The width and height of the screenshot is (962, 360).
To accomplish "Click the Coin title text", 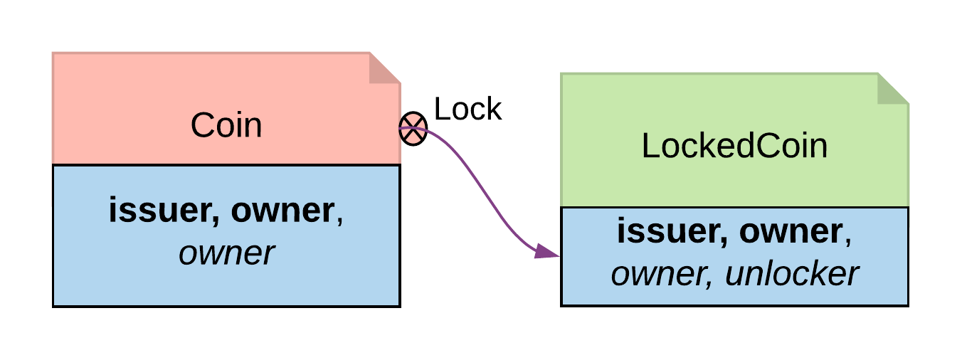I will pos(226,126).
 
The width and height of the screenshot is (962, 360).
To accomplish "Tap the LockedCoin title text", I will pos(734,147).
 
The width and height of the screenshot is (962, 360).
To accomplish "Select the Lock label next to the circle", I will pos(467,110).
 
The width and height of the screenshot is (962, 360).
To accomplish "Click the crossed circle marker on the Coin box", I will pos(413,129).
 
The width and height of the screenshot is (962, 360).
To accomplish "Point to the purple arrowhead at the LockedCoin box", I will pos(547,251).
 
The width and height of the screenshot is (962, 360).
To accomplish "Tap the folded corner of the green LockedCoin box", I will pos(893,89).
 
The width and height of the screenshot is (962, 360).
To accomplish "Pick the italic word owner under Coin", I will pos(226,253).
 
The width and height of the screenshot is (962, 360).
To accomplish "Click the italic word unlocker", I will pos(791,273).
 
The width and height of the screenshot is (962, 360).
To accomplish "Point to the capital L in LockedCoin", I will pos(649,147).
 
